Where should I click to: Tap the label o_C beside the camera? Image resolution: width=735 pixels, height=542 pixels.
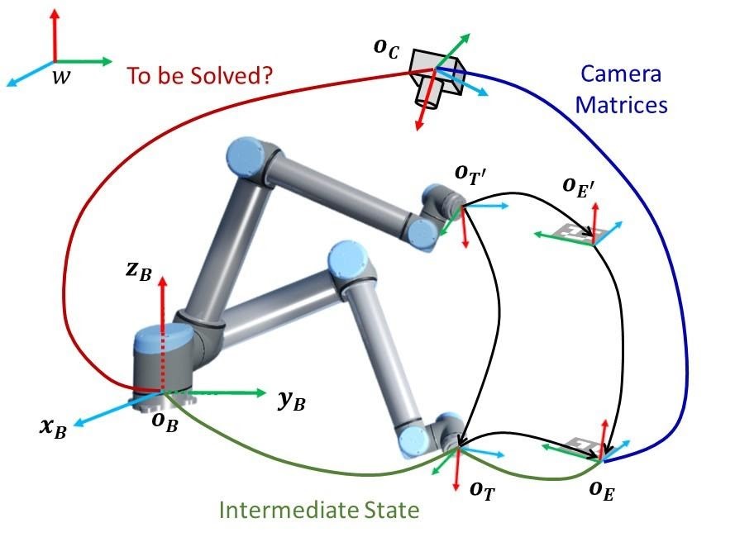[x=386, y=49]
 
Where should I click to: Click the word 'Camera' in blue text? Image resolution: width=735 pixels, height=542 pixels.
[x=621, y=74]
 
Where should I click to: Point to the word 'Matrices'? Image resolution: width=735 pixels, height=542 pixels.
[x=621, y=105]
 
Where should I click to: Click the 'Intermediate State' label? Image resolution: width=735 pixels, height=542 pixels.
[x=319, y=510]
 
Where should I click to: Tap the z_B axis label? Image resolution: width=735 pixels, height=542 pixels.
[x=139, y=272]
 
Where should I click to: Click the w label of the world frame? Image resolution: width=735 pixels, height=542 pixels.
[x=60, y=78]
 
